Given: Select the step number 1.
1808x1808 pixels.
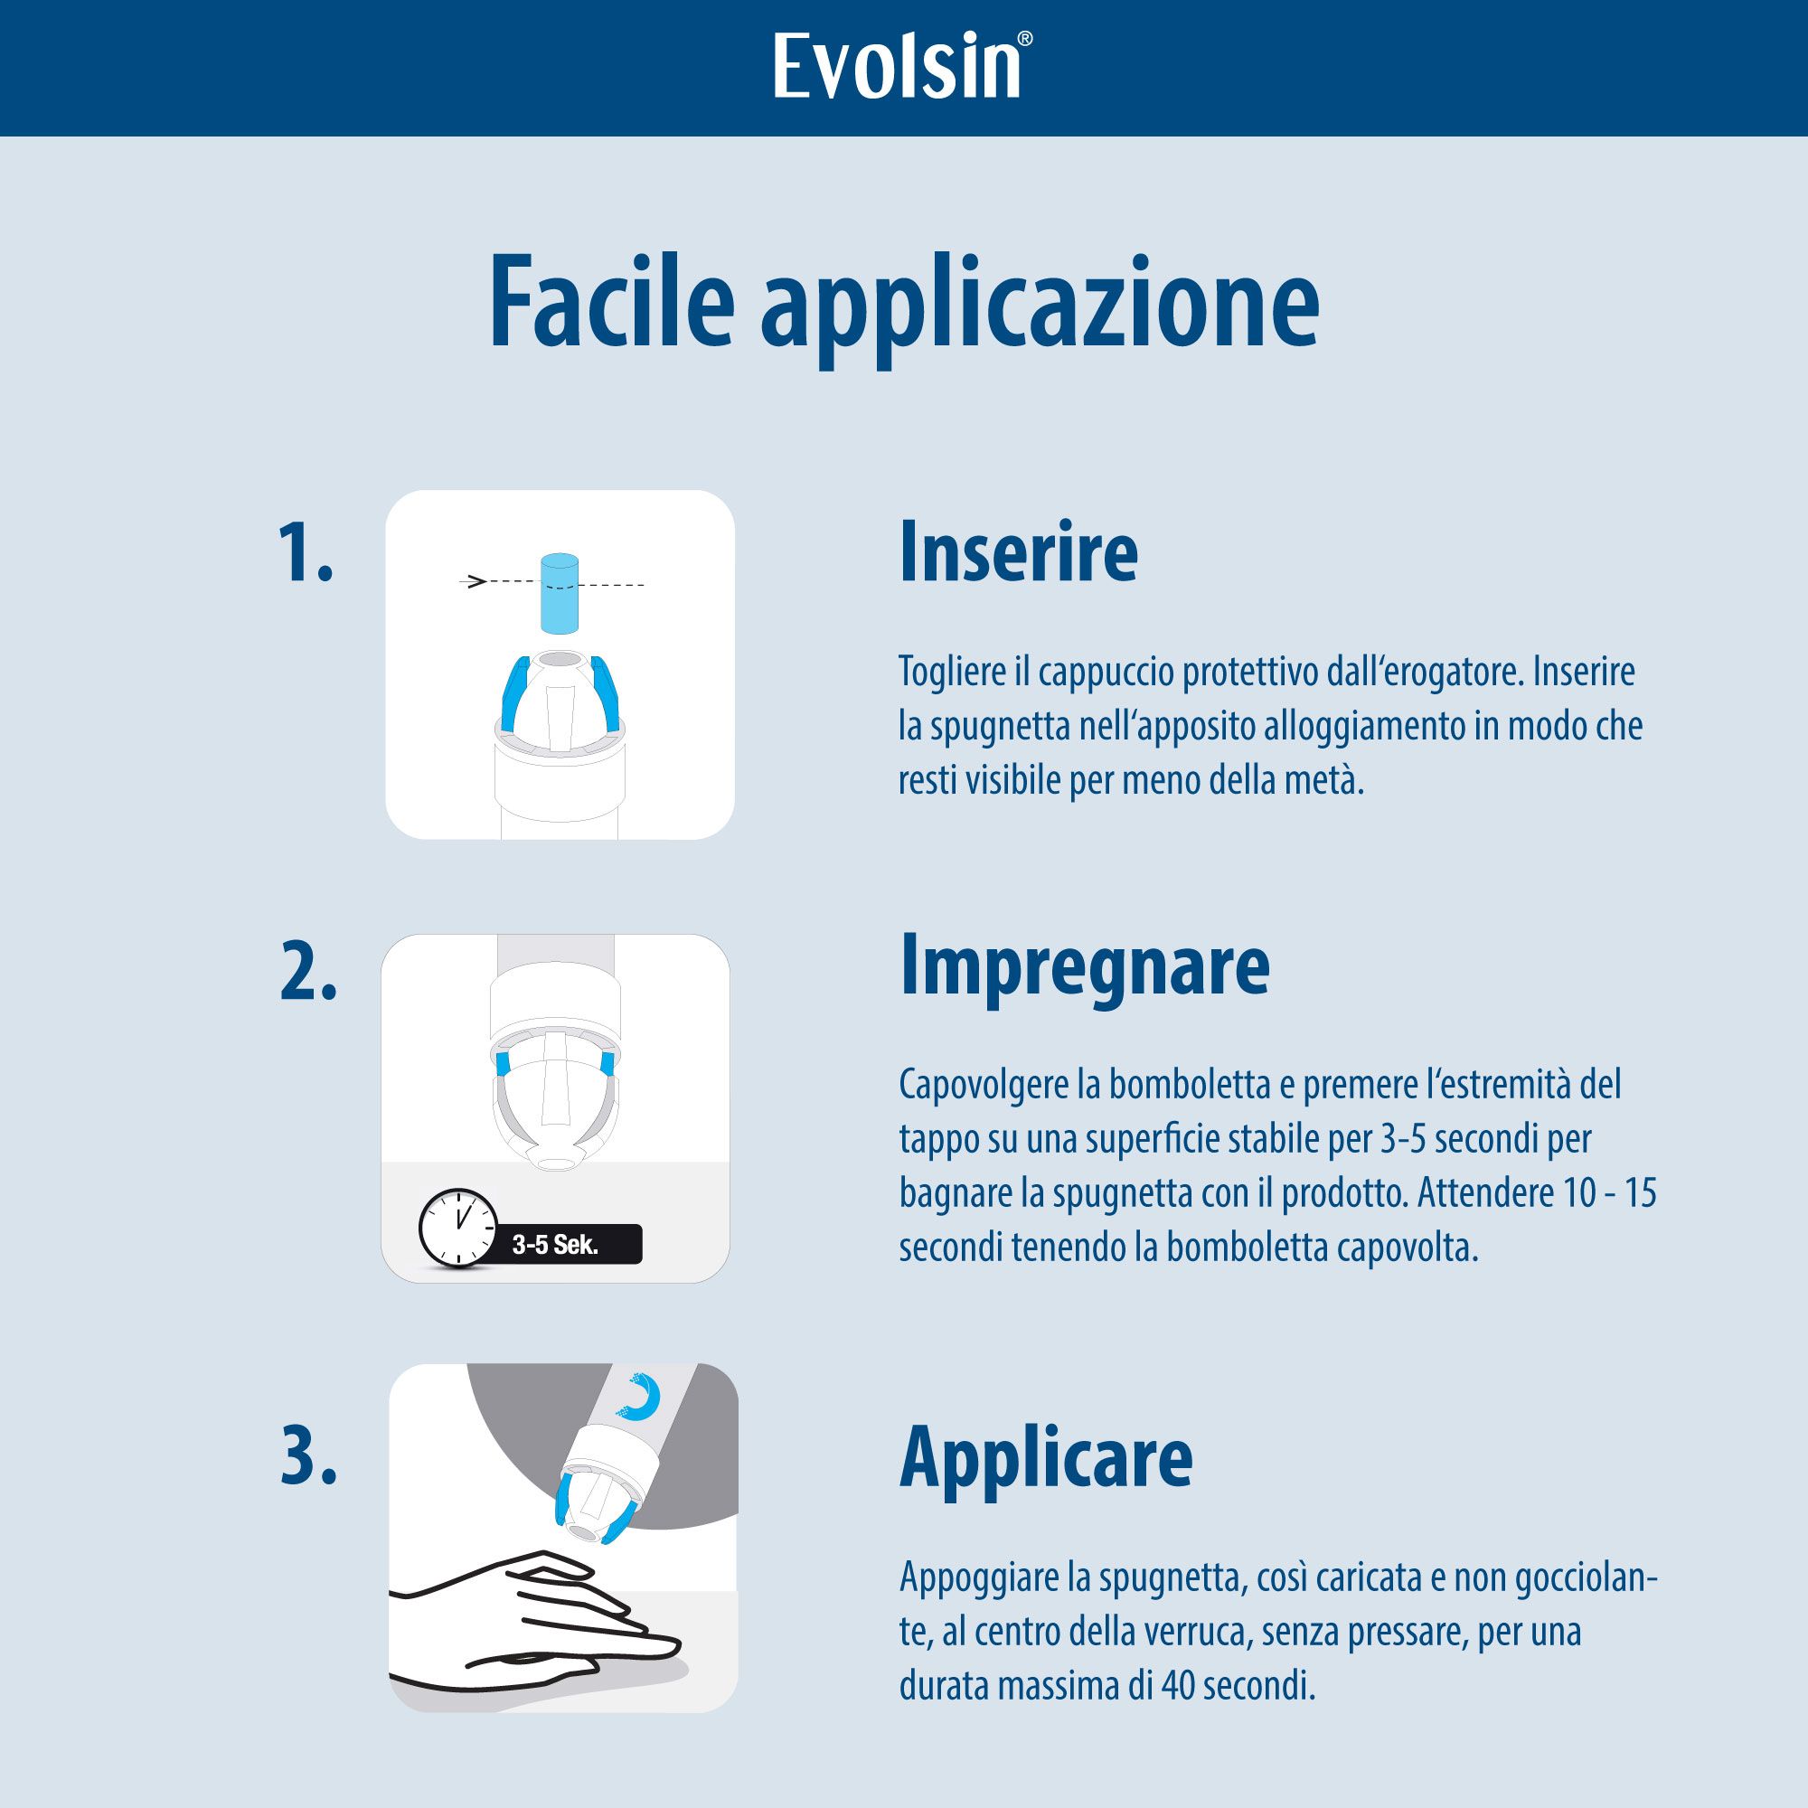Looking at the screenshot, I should [x=307, y=554].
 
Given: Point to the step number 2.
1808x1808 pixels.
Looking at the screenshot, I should [x=308, y=980].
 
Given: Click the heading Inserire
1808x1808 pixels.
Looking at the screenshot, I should [x=1018, y=554].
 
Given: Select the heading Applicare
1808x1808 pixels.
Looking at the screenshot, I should [x=1045, y=1457].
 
